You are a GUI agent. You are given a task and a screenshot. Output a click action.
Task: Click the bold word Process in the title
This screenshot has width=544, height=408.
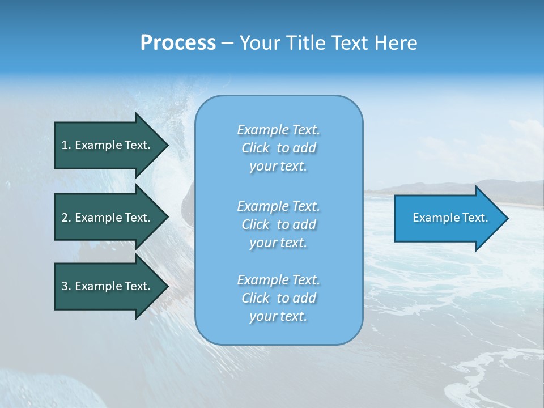(178, 43)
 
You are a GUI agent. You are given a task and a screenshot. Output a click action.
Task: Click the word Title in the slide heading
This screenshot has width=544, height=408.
(306, 43)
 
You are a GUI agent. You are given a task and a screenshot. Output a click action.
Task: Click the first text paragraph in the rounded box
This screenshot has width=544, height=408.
(278, 148)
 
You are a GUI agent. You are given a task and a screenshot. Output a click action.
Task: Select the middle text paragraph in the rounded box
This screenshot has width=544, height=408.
(278, 224)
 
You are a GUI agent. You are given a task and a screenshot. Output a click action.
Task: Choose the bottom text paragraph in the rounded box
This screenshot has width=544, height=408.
(278, 298)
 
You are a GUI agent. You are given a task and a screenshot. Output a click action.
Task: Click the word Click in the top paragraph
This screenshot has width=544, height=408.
(256, 148)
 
